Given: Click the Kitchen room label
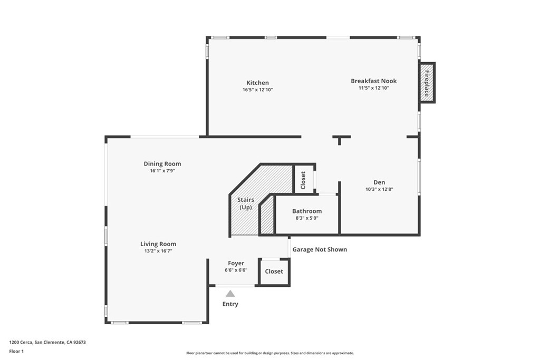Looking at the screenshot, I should click(x=257, y=83).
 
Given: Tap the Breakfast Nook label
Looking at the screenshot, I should click(x=373, y=81).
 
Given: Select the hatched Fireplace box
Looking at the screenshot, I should click(x=426, y=82).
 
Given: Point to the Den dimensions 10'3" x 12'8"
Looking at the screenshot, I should click(x=379, y=189).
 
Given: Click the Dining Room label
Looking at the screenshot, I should click(x=162, y=164).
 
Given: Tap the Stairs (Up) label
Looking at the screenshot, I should click(x=246, y=203).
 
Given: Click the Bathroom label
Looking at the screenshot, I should click(x=307, y=211).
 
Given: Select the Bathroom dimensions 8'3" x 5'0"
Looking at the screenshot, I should click(x=307, y=218).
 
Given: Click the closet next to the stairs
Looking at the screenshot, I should click(x=303, y=180).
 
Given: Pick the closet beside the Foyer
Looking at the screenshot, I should click(x=274, y=271).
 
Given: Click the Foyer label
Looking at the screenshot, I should click(x=236, y=263).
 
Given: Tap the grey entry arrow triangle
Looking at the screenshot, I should click(x=230, y=294).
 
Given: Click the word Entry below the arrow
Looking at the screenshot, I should click(x=230, y=304).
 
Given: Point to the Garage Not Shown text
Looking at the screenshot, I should click(x=320, y=249).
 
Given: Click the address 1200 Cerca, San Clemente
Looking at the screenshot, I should click(x=47, y=342).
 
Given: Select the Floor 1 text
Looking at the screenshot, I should click(x=16, y=351).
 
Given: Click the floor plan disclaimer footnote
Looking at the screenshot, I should click(x=269, y=353).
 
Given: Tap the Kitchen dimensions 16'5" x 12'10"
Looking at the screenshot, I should click(x=257, y=90).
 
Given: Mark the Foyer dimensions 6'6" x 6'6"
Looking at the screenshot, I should click(x=236, y=270).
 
